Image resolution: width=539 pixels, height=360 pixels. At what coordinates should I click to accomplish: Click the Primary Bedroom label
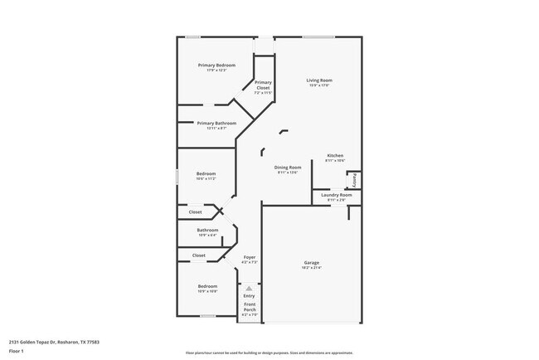coord(216,65)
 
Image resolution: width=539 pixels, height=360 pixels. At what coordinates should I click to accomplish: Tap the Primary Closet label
coord(263,83)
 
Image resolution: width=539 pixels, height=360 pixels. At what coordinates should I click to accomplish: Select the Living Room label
coord(319,80)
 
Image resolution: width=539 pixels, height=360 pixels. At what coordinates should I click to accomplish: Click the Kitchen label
coord(335,155)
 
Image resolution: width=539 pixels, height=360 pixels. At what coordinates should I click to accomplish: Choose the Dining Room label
coord(289,167)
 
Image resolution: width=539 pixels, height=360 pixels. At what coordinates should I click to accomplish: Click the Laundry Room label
coord(335,195)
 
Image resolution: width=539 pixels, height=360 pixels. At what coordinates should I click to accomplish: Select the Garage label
coord(311,263)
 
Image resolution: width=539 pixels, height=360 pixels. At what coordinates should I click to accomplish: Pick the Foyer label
coord(249,257)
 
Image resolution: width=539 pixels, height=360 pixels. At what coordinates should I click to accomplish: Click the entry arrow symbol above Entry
coord(249,288)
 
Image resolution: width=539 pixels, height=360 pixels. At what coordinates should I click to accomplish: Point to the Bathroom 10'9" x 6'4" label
coord(207,230)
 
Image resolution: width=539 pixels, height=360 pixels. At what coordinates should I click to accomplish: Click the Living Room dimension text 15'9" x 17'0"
coord(319,85)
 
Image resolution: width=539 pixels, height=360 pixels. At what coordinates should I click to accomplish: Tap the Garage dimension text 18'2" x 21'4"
coord(311,268)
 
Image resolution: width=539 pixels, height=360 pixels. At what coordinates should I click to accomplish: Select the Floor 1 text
coord(17,351)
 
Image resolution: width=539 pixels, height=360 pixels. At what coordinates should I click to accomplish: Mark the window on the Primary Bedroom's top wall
coord(192,36)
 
